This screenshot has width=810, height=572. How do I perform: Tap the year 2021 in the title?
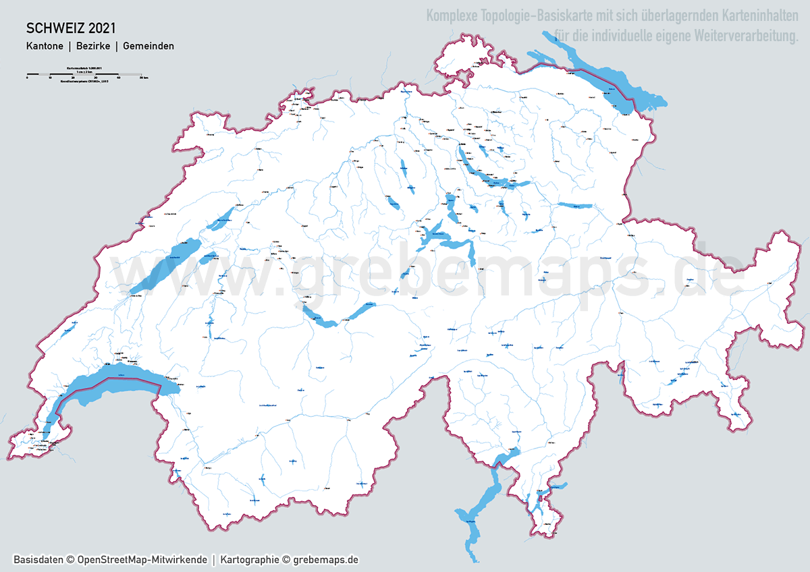[101, 28]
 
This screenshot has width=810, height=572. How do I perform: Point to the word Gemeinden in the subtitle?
[148, 47]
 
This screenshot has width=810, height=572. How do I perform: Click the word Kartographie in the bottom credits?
[250, 560]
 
